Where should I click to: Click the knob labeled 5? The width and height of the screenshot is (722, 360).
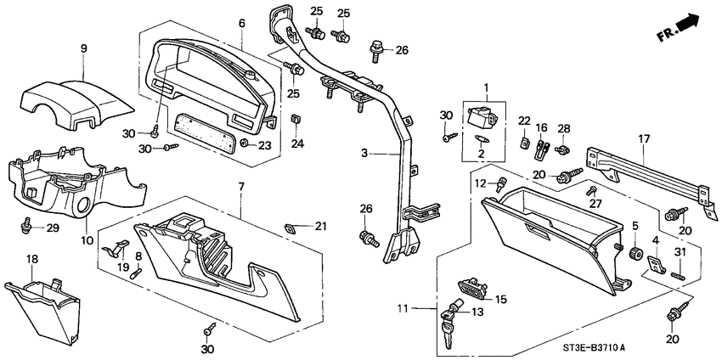tap(633, 254)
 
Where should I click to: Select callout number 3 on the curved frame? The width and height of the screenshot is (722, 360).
tap(363, 154)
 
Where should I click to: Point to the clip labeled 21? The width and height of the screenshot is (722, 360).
tap(291, 227)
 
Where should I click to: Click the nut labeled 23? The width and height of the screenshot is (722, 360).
tap(245, 145)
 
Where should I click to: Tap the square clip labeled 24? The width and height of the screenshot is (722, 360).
tap(296, 119)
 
